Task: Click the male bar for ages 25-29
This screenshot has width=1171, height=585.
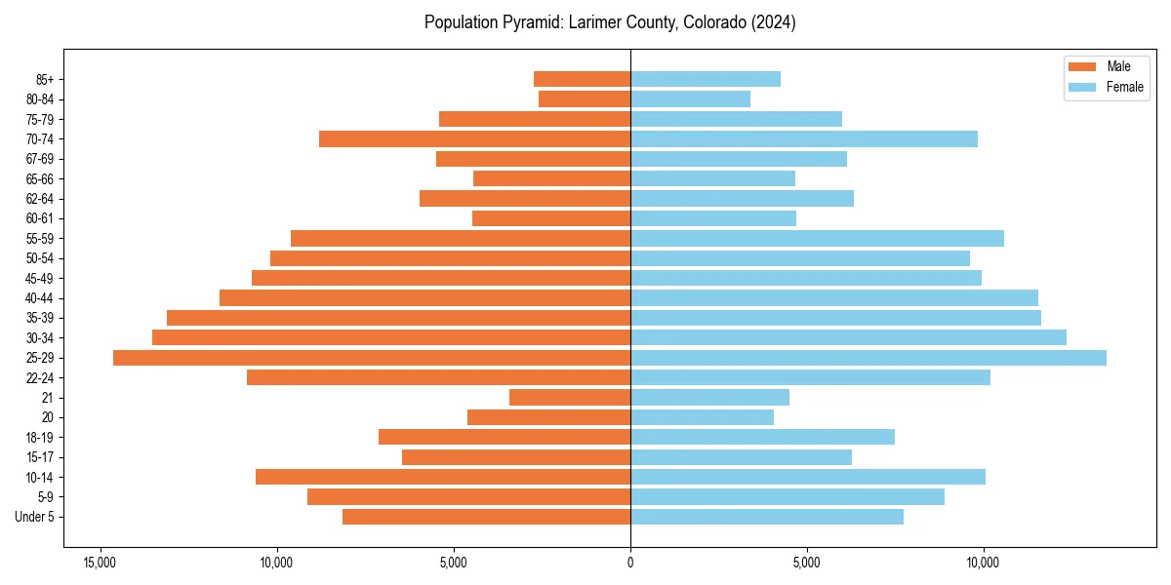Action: pyautogui.click(x=372, y=358)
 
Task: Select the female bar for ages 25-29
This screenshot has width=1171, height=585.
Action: pyautogui.click(x=868, y=358)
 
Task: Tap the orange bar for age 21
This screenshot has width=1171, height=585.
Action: pyautogui.click(x=570, y=398)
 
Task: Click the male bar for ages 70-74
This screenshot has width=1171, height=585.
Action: pyautogui.click(x=474, y=139)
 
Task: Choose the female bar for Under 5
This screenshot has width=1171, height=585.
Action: pyautogui.click(x=767, y=517)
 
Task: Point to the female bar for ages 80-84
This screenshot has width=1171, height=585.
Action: pyautogui.click(x=691, y=99)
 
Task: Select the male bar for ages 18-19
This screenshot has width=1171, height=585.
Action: pyautogui.click(x=505, y=437)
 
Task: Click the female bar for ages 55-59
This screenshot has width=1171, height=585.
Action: pyautogui.click(x=817, y=239)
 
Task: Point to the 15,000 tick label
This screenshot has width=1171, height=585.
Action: pyautogui.click(x=100, y=563)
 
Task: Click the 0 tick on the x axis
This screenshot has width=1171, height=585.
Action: pyautogui.click(x=630, y=563)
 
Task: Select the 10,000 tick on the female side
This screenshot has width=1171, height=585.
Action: pyautogui.click(x=984, y=563)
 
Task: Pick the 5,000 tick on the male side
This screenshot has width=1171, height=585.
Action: pyautogui.click(x=454, y=563)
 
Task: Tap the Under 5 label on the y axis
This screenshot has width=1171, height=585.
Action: pyautogui.click(x=35, y=517)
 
